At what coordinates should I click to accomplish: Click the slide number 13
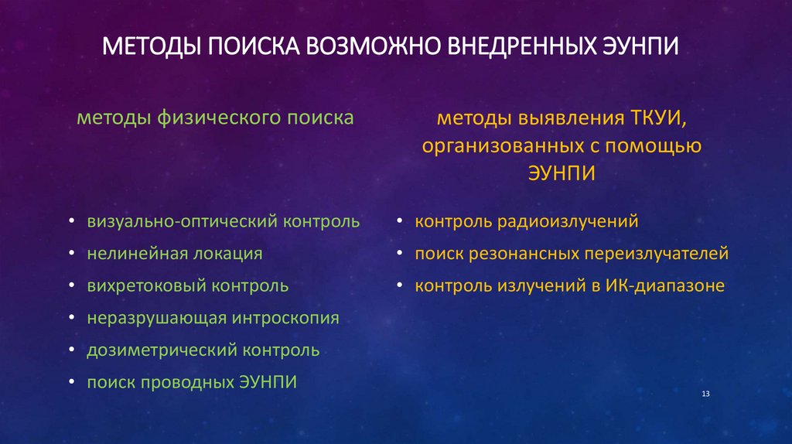click(x=705, y=395)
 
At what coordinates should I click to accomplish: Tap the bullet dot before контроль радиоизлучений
click(x=399, y=223)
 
